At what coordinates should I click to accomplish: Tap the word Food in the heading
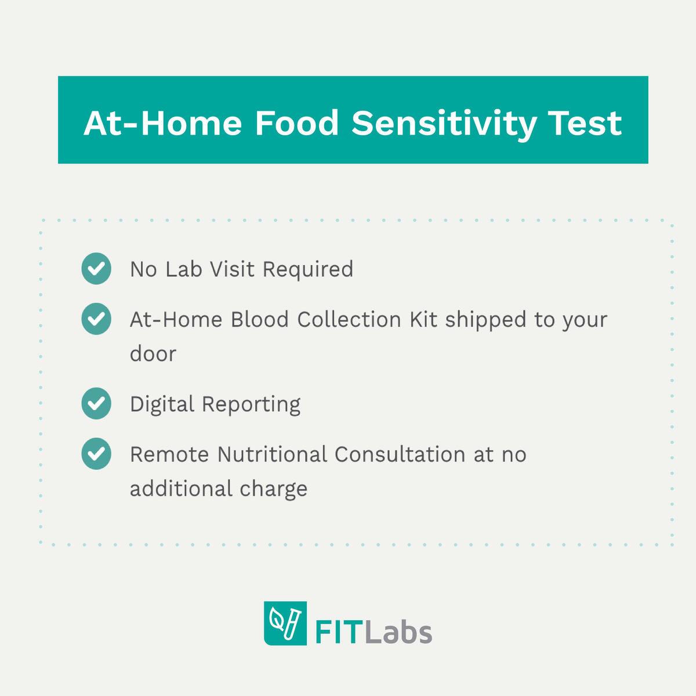[296, 124]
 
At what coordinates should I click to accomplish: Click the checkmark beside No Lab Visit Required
[96, 269]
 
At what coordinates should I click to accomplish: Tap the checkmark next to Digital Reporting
[96, 404]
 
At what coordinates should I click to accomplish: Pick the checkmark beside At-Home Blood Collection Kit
[96, 319]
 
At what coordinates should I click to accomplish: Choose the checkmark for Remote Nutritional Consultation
[96, 454]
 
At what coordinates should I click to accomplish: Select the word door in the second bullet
[153, 354]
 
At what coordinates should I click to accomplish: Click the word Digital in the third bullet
[161, 404]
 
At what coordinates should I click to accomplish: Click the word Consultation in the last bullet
[400, 454]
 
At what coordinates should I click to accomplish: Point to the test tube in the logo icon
[293, 622]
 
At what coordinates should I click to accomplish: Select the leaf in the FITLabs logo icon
[277, 621]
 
